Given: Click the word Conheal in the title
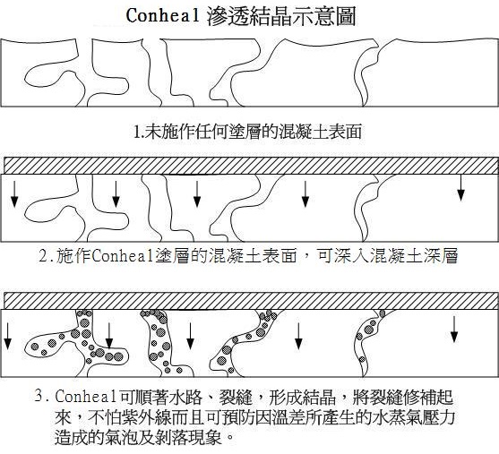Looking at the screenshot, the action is [163, 15].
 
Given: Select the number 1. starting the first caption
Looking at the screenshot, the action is [139, 132].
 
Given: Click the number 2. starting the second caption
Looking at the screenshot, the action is [47, 256].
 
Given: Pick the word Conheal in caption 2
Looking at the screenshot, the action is [122, 256].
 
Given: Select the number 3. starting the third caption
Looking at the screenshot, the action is [42, 397].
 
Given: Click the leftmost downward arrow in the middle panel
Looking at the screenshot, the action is [14, 193].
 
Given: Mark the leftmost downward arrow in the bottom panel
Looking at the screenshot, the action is [7, 336].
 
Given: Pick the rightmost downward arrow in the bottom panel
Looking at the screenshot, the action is [454, 330].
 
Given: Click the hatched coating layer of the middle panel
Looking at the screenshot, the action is [251, 166].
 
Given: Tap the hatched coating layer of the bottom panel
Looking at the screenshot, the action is [251, 300].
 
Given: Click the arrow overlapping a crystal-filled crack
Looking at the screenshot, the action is [109, 336].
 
